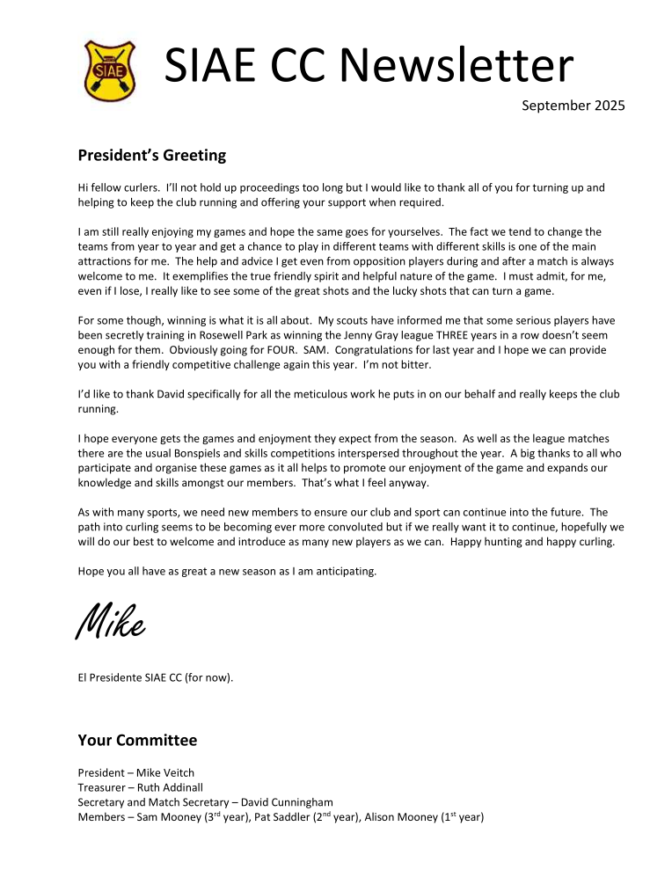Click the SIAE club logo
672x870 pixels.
(x=108, y=69)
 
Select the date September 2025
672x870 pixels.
(x=573, y=106)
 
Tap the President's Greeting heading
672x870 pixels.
(x=151, y=156)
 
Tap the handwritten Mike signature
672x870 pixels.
(x=111, y=625)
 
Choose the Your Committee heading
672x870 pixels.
(x=137, y=740)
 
